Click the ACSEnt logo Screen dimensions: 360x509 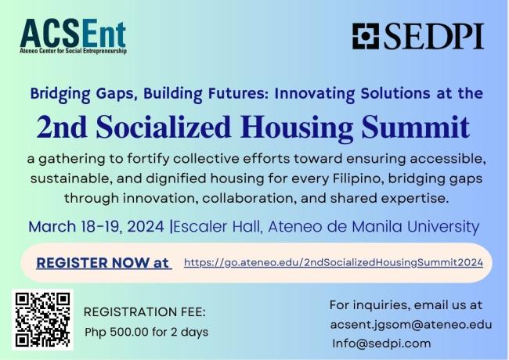(x=73, y=34)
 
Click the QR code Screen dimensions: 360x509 (x=43, y=319)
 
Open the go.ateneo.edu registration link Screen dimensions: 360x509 (x=334, y=263)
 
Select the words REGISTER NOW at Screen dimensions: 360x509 (x=103, y=263)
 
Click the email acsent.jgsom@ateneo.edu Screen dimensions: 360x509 (x=410, y=324)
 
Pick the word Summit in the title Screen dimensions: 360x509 (x=423, y=127)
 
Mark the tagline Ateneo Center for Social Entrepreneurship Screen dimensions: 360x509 (x=73, y=51)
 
